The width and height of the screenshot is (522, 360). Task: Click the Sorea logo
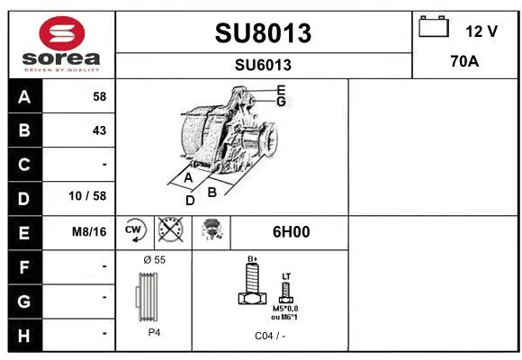pyautogui.click(x=61, y=42)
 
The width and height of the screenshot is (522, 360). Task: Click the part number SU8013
pyautogui.click(x=263, y=33)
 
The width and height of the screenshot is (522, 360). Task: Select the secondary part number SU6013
pyautogui.click(x=263, y=65)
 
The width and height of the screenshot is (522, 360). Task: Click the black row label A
pyautogui.click(x=23, y=96)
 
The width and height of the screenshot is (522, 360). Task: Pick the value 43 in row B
pyautogui.click(x=99, y=130)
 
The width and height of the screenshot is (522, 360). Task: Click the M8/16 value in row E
pyautogui.click(x=89, y=231)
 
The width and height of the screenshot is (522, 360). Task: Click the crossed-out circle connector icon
pyautogui.click(x=170, y=231)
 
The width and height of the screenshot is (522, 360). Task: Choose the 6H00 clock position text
pyautogui.click(x=291, y=231)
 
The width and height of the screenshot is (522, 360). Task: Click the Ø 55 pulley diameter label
pyautogui.click(x=154, y=259)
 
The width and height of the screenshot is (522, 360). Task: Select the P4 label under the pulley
pyautogui.click(x=154, y=332)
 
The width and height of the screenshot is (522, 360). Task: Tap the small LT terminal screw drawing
pyautogui.click(x=286, y=290)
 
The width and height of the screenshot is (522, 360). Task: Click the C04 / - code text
pyautogui.click(x=269, y=335)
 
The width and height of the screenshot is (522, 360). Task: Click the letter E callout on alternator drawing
pyautogui.click(x=281, y=90)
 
